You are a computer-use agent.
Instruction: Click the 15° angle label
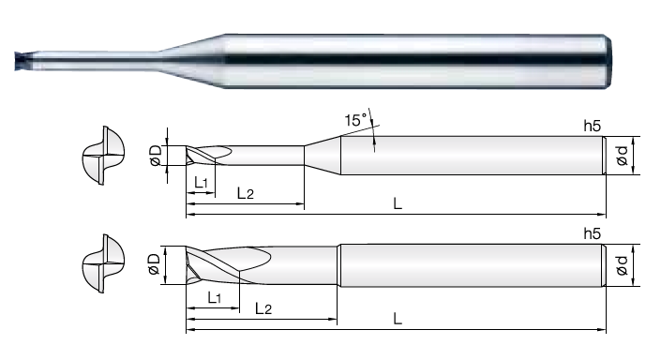pos(355,120)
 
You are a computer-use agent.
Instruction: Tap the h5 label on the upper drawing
pos(592,126)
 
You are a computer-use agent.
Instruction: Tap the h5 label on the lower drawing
pos(592,234)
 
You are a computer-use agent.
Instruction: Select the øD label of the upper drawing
pos(157,156)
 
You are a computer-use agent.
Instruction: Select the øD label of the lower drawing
pos(154,264)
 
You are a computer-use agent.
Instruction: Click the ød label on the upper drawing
pos(623,156)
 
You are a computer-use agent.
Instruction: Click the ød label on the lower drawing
pos(623,265)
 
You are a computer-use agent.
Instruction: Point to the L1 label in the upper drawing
pos(201,182)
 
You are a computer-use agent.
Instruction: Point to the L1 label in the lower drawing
pos(214,297)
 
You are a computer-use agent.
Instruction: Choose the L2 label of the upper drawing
pos(245,193)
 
